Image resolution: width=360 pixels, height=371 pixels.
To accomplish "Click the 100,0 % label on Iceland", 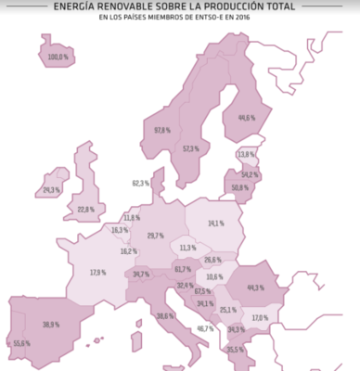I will [58, 58].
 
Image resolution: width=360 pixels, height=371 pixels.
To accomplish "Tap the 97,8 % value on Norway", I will [162, 130].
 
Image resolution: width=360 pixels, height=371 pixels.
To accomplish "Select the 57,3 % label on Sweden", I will [191, 148].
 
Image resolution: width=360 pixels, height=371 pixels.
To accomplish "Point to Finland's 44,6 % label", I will [247, 118].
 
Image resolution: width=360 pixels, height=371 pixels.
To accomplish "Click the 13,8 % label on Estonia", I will [246, 154].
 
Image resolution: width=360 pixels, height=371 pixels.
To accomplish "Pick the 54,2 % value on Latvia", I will [249, 174].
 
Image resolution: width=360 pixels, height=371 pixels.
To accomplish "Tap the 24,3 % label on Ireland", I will [52, 189].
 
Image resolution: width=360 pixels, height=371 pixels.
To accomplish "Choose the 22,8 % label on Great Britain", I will [85, 210].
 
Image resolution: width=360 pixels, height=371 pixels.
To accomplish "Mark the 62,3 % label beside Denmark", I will [141, 183].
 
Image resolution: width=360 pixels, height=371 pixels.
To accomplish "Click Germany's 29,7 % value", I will [155, 236].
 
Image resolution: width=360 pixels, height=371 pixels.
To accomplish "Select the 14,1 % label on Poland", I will [215, 224].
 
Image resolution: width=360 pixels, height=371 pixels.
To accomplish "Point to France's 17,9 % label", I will [97, 273].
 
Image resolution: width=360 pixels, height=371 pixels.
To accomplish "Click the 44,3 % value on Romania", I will [255, 288].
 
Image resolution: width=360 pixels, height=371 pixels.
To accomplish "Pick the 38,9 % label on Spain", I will [51, 324].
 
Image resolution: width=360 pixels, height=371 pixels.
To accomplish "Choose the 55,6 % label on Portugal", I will [21, 343].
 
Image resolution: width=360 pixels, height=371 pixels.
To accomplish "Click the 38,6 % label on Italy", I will [165, 316].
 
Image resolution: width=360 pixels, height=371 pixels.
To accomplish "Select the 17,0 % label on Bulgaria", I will [261, 318].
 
